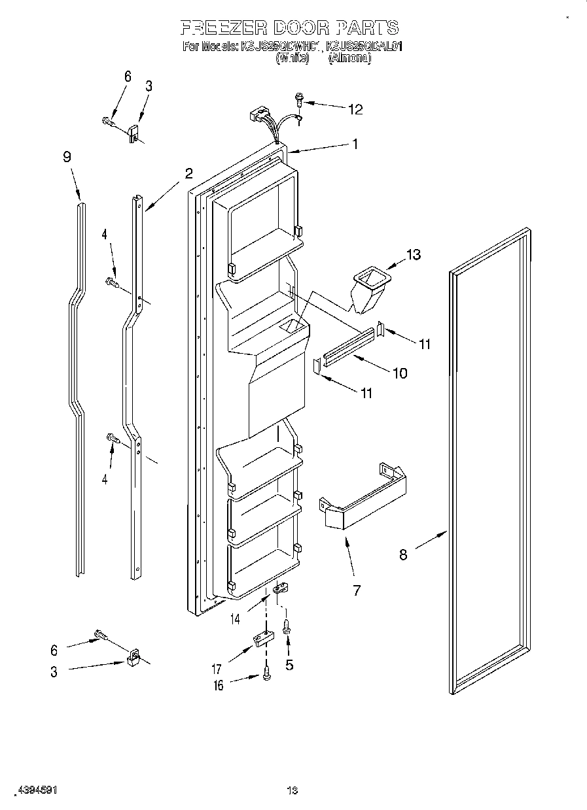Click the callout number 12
[355, 109]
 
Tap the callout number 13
[414, 254]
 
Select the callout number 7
[357, 590]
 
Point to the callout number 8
[403, 554]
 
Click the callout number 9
[67, 157]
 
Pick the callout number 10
[399, 373]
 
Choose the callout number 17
[217, 669]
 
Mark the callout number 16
[218, 685]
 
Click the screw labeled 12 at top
[300, 99]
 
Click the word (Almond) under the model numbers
[349, 58]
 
